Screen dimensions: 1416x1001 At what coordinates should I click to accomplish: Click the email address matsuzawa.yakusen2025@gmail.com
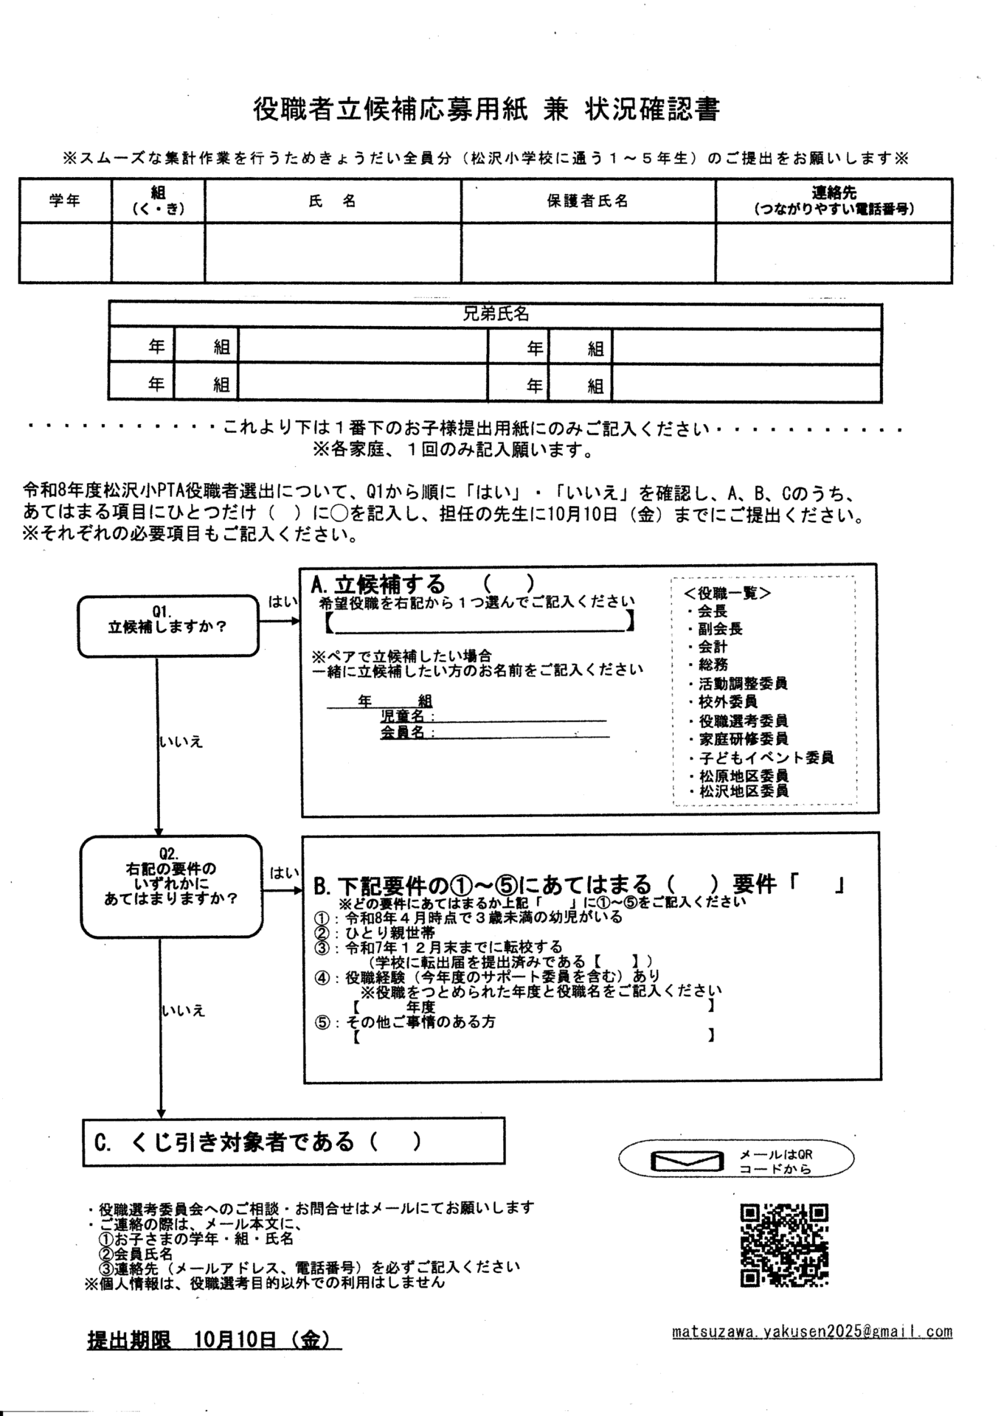tap(812, 1332)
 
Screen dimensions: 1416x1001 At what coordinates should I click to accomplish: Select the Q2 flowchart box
tap(170, 885)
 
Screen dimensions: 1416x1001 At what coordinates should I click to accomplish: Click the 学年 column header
tap(65, 201)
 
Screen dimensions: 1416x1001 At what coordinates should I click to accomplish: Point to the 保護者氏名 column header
tap(587, 201)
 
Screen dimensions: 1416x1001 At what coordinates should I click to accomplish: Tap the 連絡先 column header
tap(834, 201)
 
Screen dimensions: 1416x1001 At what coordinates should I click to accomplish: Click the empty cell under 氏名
tap(333, 252)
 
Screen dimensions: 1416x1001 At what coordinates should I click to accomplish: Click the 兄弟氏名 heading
tap(495, 314)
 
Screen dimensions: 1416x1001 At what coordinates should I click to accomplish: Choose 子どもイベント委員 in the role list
tap(766, 757)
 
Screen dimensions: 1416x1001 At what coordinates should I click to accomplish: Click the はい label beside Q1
tap(282, 602)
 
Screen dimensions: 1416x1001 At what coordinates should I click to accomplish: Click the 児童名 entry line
tap(520, 718)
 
